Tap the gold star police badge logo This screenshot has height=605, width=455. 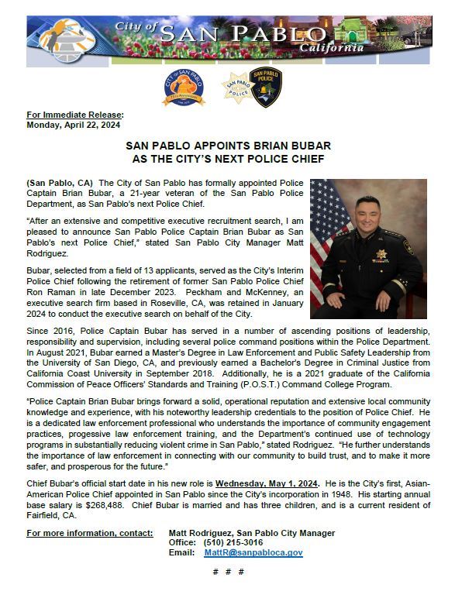pos(235,87)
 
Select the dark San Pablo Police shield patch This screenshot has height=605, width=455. pos(266,87)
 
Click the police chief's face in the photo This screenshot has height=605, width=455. pos(366,213)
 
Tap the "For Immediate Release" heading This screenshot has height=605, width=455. pos(74,115)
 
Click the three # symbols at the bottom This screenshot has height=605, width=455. pos(228,571)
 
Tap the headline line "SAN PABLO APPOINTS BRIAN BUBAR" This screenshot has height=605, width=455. pos(228,146)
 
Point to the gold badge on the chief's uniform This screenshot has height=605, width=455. pos(381,253)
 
